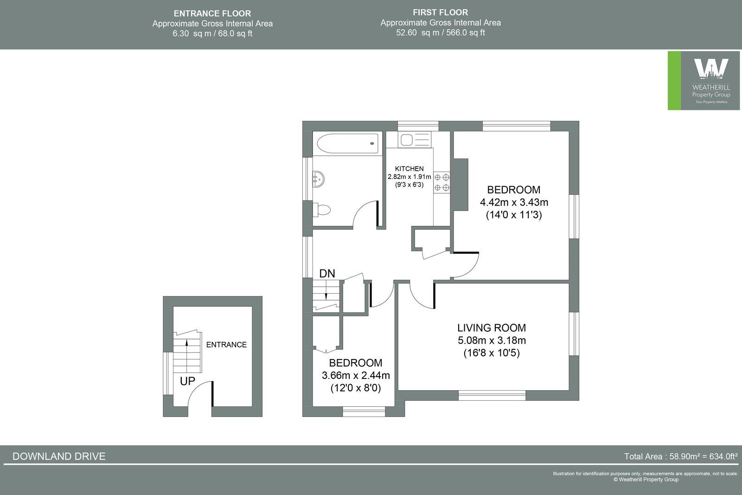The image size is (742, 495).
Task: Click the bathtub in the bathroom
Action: [x=348, y=143]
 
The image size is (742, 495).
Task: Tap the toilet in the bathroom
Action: [x=321, y=210]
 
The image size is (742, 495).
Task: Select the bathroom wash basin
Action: [x=318, y=179]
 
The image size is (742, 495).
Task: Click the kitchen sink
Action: [x=408, y=140]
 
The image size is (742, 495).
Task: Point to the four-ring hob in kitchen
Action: [x=441, y=182]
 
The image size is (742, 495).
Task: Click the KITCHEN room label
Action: [x=409, y=169]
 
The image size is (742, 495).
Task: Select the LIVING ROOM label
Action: [x=492, y=328]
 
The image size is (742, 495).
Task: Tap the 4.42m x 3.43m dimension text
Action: [x=514, y=202]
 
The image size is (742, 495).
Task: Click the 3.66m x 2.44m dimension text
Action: [x=356, y=375]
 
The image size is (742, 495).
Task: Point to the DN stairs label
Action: [x=327, y=274]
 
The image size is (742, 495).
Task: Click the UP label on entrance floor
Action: [x=187, y=381]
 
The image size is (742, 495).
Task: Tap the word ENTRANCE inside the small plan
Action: [x=226, y=345]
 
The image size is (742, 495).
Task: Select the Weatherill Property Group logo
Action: [x=704, y=81]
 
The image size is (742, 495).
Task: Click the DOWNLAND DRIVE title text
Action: [x=59, y=456]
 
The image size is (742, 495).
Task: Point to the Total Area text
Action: [x=680, y=456]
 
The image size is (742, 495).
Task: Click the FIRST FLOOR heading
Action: [x=440, y=13]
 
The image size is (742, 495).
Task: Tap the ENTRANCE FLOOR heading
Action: [x=212, y=13]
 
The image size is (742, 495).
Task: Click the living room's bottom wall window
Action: [x=492, y=395]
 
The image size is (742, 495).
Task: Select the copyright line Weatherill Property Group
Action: [x=646, y=480]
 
